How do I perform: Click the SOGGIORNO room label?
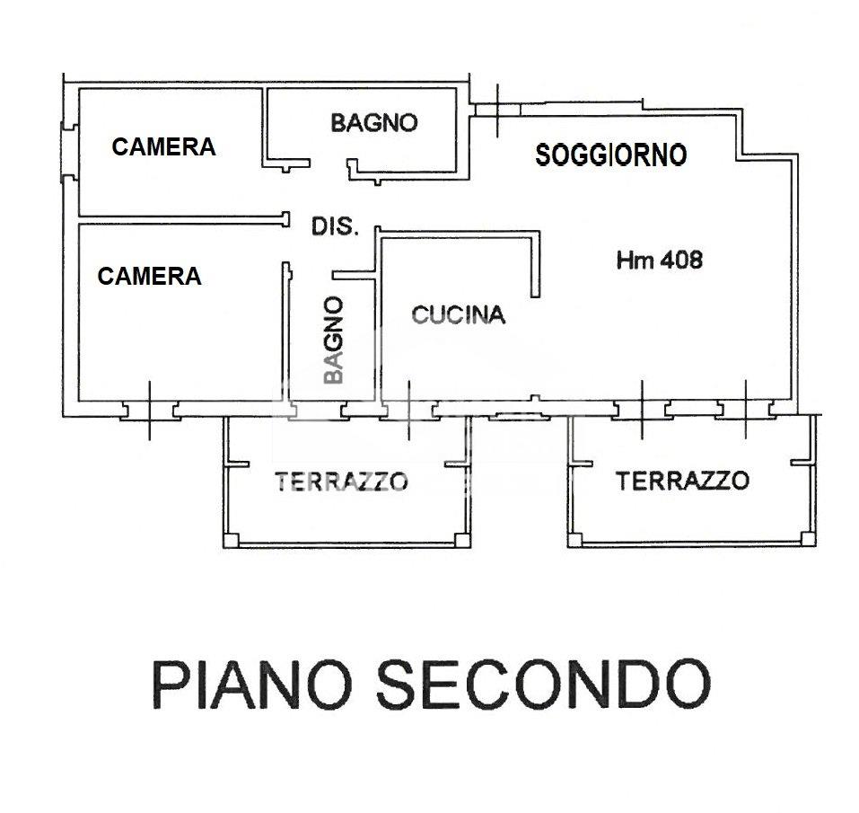click(x=610, y=155)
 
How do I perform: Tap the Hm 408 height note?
click(x=660, y=261)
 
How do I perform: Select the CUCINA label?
click(x=458, y=314)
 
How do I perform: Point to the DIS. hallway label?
click(x=335, y=226)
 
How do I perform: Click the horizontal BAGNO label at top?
click(x=374, y=122)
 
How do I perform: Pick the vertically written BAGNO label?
click(x=334, y=341)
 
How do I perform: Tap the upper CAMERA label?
click(x=163, y=146)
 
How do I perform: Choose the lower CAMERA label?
click(x=149, y=276)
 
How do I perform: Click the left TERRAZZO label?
click(x=341, y=482)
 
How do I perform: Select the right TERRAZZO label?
click(x=682, y=481)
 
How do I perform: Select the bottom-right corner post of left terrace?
click(x=461, y=540)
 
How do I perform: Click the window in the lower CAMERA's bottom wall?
click(x=150, y=411)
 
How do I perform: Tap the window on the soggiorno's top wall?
click(x=496, y=109)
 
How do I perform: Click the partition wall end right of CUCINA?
click(x=537, y=293)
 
